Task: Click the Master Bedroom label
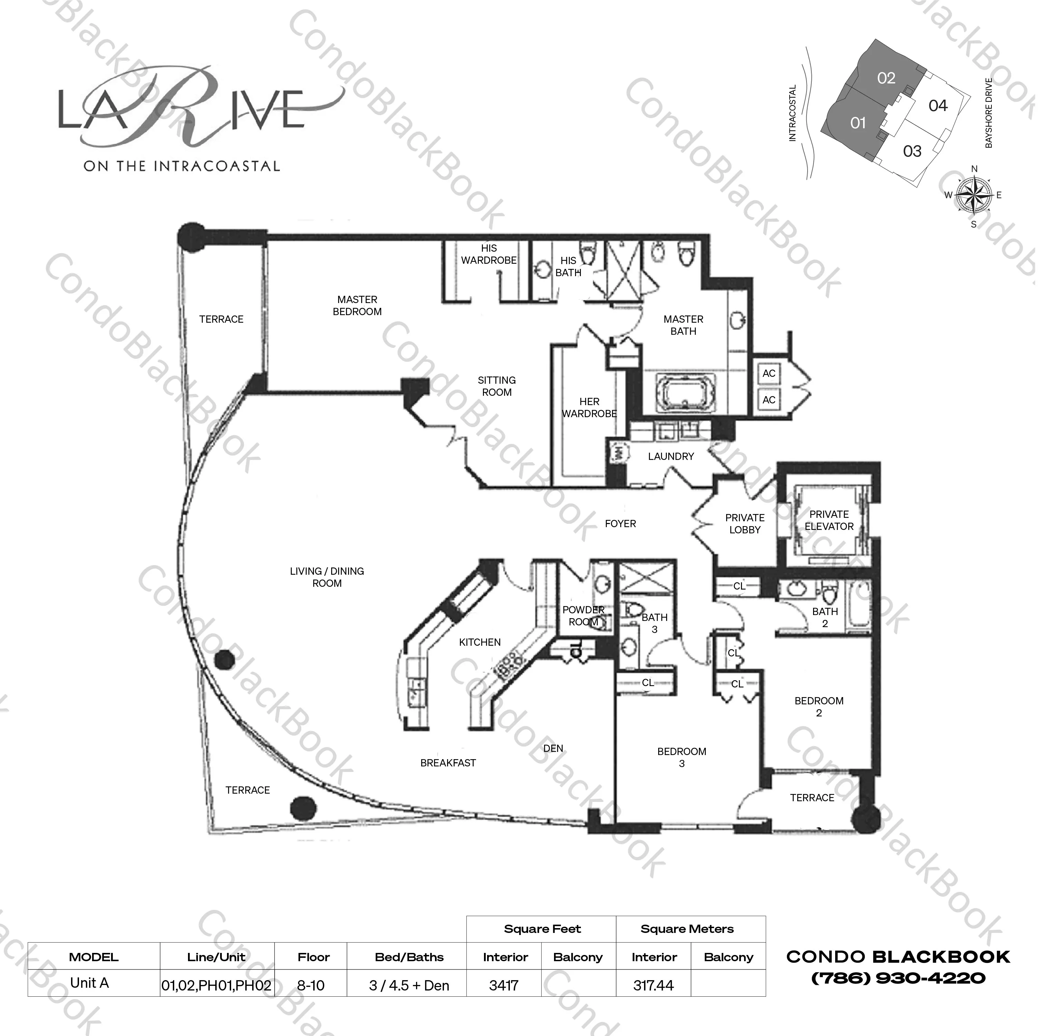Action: (x=357, y=305)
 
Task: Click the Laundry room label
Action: (x=671, y=456)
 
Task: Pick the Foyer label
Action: (x=620, y=524)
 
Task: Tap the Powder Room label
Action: (x=583, y=616)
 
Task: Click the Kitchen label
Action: (x=480, y=642)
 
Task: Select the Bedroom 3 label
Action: (x=682, y=757)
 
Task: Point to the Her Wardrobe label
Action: (x=590, y=408)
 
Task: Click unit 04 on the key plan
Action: (x=938, y=106)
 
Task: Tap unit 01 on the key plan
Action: (x=858, y=123)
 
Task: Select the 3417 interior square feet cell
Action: (x=504, y=986)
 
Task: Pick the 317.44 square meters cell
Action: (x=653, y=986)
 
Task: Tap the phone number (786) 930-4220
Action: (x=898, y=978)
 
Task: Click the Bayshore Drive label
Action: (x=989, y=113)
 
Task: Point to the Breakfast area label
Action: (x=448, y=763)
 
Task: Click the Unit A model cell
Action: (x=90, y=983)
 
